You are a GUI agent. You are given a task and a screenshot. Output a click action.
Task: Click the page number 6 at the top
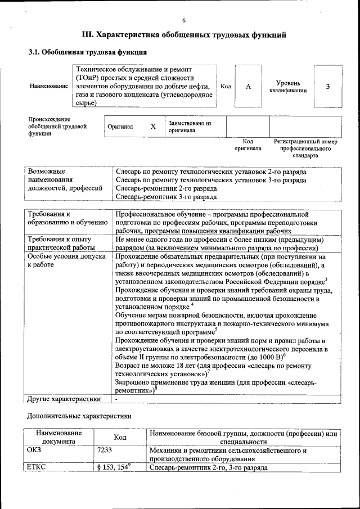183,20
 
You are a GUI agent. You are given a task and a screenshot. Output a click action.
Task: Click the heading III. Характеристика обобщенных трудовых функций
184,35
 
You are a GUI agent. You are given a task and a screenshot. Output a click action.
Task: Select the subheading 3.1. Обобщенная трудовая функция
84,52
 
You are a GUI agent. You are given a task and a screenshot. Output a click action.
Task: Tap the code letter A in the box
247,87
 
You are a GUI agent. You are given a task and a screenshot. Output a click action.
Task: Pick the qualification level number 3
327,87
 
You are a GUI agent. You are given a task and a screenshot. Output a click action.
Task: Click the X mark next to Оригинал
153,127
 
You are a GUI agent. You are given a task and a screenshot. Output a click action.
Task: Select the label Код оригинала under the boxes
248,145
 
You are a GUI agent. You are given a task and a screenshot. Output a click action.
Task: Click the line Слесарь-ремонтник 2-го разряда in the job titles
166,189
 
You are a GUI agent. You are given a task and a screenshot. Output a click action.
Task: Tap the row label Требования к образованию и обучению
67,218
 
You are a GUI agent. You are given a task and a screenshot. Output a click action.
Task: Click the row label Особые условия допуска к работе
66,260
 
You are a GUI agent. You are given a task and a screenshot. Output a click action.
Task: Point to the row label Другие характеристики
64,399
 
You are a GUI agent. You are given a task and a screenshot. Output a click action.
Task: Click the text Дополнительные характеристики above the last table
79,417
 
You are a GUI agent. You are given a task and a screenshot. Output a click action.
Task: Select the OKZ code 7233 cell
104,450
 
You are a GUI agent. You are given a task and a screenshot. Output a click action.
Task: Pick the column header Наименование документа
59,437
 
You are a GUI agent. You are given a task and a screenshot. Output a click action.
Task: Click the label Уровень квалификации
288,87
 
